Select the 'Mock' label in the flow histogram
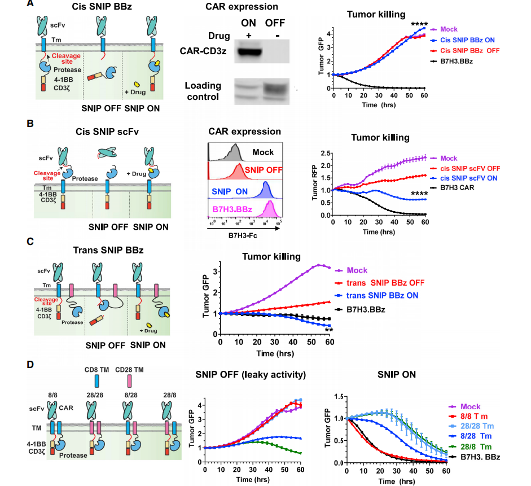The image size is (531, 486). (x=263, y=152)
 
